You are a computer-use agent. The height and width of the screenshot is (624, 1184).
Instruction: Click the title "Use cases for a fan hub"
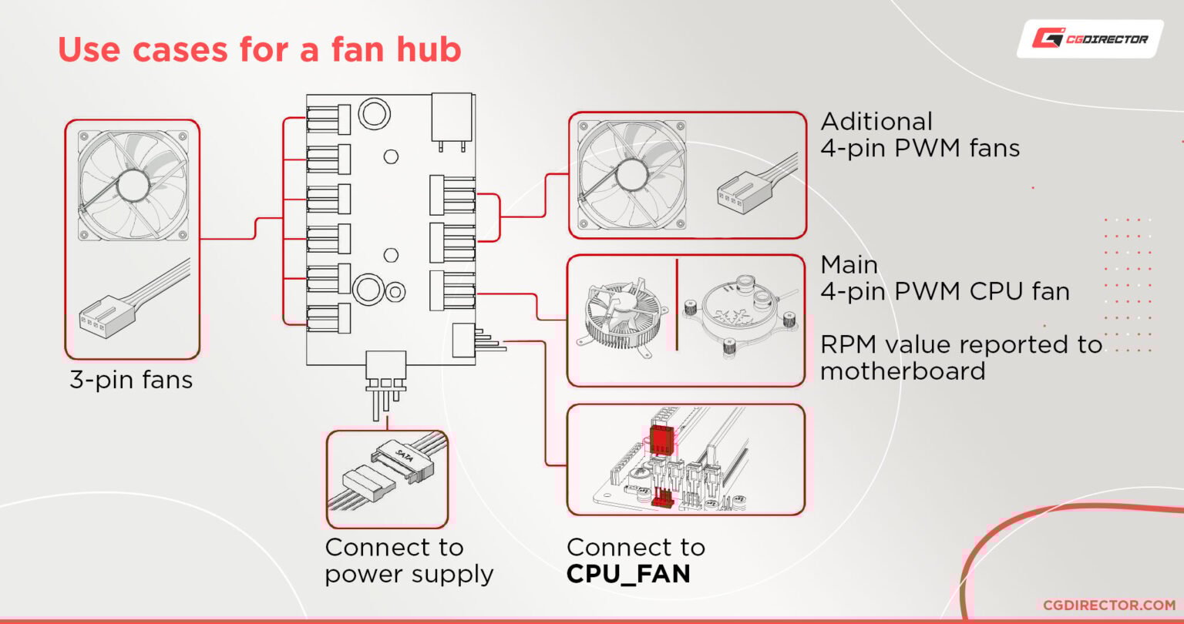[x=259, y=50]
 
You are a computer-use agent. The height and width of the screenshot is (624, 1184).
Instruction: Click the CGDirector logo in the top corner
[x=1090, y=39]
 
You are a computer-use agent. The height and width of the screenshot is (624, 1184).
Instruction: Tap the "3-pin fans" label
[x=131, y=379]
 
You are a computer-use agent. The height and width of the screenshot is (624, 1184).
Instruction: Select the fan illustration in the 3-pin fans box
[x=133, y=183]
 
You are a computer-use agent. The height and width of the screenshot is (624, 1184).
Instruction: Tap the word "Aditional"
[x=876, y=122]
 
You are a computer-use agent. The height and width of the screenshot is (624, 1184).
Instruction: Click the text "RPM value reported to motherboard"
[x=960, y=357]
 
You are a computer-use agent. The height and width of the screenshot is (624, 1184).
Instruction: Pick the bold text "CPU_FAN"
[x=628, y=574]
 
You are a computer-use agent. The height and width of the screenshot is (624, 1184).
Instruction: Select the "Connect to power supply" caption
[x=409, y=561]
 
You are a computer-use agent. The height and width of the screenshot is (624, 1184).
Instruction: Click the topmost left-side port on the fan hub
[x=328, y=119]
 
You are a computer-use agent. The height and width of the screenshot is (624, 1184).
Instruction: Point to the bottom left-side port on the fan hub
[x=328, y=317]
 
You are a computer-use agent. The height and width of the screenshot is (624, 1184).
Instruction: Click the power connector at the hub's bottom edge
[x=385, y=372]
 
